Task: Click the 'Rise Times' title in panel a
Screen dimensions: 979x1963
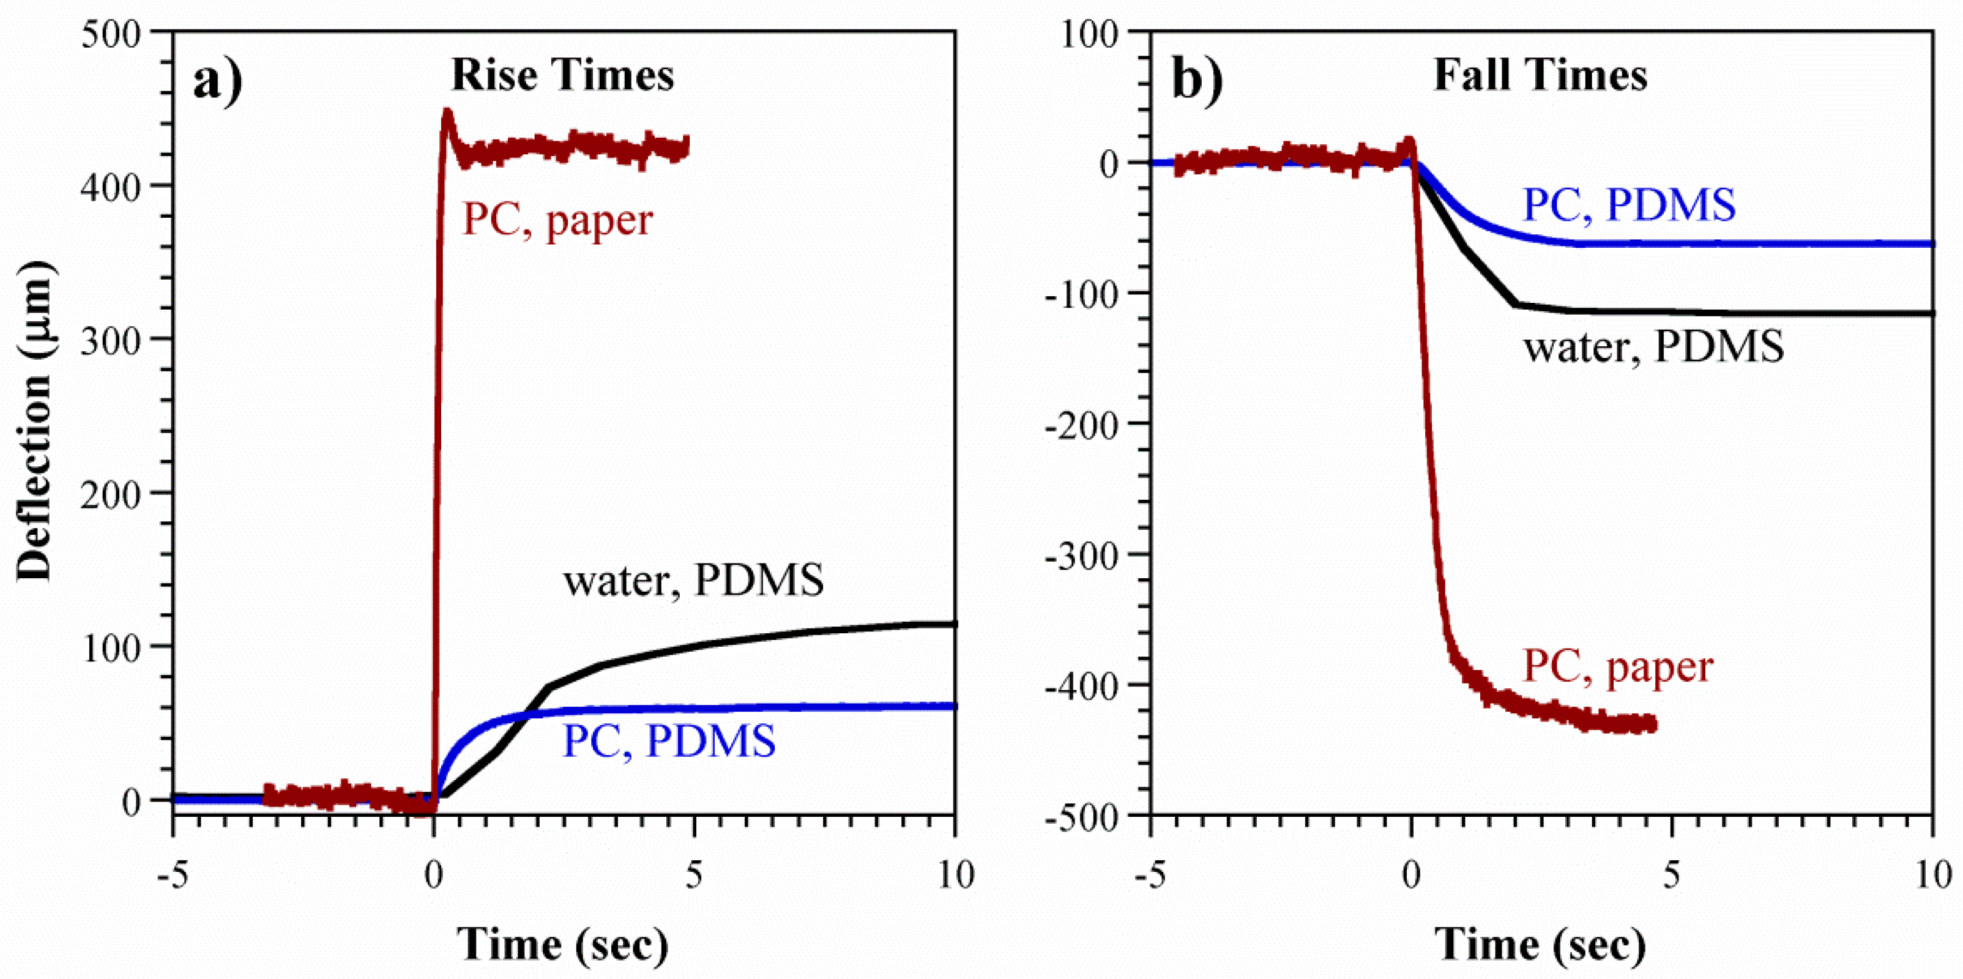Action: (x=562, y=75)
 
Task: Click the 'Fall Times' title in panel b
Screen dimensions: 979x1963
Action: (x=1540, y=75)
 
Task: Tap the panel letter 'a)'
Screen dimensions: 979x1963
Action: (x=217, y=80)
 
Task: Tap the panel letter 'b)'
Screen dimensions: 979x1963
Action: (x=1197, y=80)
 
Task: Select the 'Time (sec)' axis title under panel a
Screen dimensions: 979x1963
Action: (x=562, y=945)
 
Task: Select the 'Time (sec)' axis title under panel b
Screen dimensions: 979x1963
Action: (x=1540, y=945)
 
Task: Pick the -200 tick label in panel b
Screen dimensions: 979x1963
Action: (x=1081, y=425)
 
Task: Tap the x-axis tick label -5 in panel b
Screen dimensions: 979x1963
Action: (x=1149, y=876)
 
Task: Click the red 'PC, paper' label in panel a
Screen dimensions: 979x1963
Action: (x=558, y=221)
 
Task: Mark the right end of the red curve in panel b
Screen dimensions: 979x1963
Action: (x=1653, y=724)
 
